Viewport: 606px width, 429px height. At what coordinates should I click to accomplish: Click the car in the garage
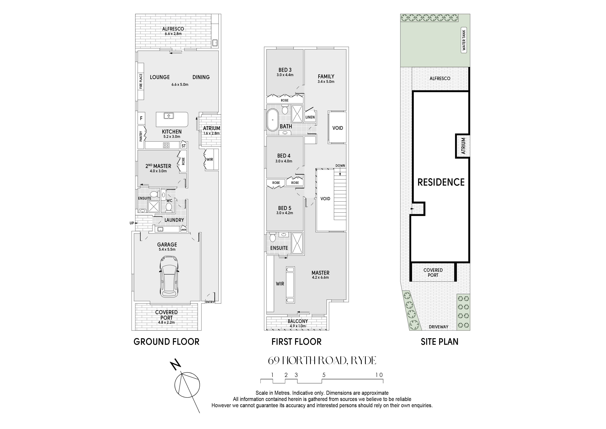point(169,276)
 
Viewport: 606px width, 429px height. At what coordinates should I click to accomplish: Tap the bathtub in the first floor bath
point(273,120)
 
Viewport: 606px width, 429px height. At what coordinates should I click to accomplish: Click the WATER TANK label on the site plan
point(464,40)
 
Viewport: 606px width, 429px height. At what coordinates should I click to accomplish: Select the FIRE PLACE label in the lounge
point(141,81)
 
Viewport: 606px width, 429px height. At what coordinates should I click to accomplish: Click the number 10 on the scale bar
point(379,375)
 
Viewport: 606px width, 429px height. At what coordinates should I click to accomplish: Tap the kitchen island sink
point(169,116)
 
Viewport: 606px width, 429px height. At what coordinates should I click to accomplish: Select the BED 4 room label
point(284,156)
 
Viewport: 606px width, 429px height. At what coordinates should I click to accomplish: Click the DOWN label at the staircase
point(340,166)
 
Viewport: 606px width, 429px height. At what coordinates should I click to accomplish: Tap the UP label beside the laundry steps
point(132,223)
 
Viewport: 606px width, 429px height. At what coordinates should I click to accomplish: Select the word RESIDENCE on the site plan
point(441,182)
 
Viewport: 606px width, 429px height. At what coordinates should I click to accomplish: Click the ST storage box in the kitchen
point(184,146)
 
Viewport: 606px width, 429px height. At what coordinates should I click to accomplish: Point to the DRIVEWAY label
point(438,327)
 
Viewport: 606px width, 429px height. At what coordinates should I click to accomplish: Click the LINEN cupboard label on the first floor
point(310,117)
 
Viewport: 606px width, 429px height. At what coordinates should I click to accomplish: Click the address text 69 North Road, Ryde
point(322,360)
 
